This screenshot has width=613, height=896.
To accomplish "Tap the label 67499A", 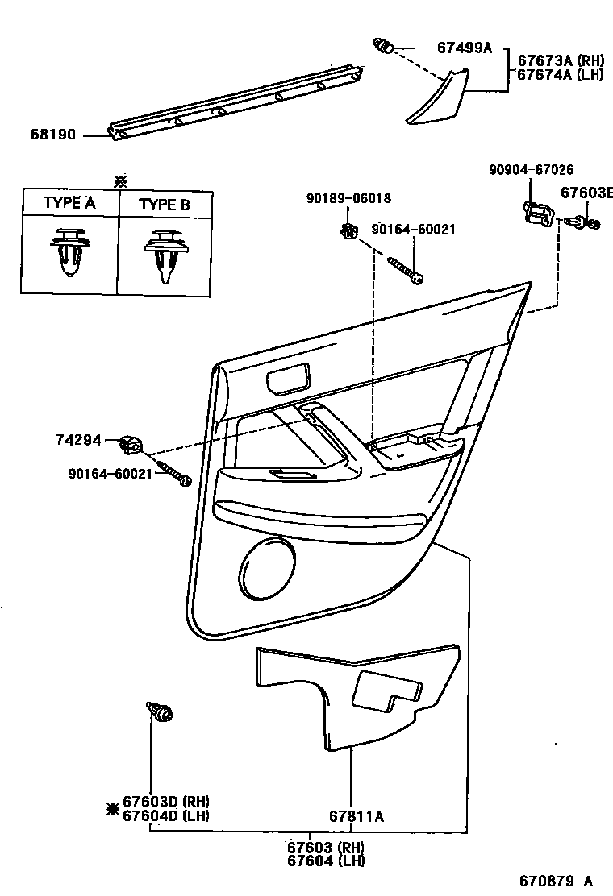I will [464, 48].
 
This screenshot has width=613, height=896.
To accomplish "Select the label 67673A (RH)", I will [561, 60].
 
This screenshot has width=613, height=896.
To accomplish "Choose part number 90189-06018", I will [348, 198].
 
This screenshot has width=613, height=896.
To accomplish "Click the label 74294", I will [79, 440].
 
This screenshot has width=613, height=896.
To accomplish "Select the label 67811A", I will [356, 816].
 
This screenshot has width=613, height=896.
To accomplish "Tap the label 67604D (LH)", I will [165, 815].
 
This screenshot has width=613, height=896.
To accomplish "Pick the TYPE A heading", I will [69, 203].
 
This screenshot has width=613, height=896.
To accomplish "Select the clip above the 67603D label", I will [161, 711].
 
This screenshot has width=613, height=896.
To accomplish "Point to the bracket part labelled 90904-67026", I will [535, 214].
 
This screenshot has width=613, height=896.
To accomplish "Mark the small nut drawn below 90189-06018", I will [349, 231].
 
